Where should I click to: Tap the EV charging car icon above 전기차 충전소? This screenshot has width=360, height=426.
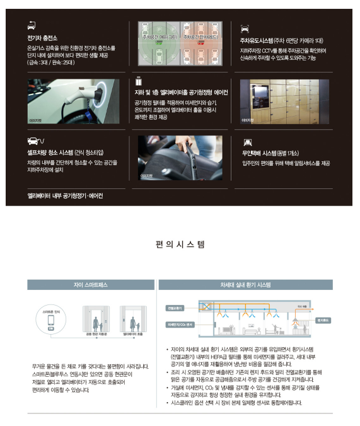pos(32,25)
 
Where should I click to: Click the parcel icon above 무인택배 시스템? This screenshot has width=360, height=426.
pos(248,142)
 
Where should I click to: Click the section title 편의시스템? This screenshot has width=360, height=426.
pos(180,243)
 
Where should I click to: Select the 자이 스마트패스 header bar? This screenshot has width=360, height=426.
pos(91,285)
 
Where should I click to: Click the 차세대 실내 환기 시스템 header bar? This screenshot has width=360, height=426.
pos(246,285)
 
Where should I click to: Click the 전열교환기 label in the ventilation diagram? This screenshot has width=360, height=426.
pos(175,308)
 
